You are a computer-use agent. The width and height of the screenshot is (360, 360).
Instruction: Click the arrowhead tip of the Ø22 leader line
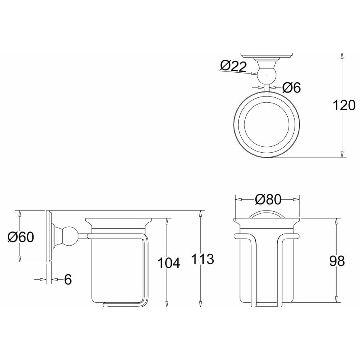pyautogui.click(x=257, y=74)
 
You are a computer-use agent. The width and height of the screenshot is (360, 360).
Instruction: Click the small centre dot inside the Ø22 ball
pyautogui.click(x=266, y=75)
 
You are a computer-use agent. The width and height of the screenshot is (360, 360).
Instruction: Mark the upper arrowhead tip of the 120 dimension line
pyautogui.click(x=342, y=53)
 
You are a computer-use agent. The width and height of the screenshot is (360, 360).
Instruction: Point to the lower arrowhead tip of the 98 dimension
pyautogui.click(x=336, y=302)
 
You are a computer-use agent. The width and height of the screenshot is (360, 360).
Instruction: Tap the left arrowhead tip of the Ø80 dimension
pyautogui.click(x=236, y=200)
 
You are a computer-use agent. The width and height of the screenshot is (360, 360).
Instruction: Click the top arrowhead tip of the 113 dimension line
pyautogui.click(x=200, y=211)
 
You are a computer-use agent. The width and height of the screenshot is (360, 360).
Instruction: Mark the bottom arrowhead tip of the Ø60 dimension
pyautogui.click(x=20, y=262)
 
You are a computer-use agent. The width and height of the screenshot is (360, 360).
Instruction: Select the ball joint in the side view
pyautogui.click(x=69, y=236)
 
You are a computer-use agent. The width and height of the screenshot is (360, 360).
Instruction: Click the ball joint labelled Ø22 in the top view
pyautogui.click(x=266, y=75)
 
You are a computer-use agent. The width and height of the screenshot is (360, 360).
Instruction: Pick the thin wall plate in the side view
pyautogui.click(x=48, y=236)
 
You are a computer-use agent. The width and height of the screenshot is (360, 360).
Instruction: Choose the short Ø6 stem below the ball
pyautogui.click(x=266, y=88)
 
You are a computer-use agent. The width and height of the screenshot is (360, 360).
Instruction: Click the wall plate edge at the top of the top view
pyautogui.click(x=266, y=55)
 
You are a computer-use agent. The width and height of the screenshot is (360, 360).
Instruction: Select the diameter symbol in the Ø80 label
pyautogui.click(x=260, y=200)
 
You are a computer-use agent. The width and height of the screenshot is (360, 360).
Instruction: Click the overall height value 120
pyautogui.click(x=344, y=105)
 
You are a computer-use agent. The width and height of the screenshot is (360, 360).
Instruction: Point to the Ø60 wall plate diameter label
pyautogui.click(x=21, y=237)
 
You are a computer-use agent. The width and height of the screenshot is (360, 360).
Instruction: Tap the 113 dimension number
pyautogui.click(x=202, y=259)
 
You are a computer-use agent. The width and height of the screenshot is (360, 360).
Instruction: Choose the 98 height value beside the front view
pyautogui.click(x=337, y=261)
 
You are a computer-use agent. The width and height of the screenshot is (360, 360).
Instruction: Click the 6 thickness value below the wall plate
pyautogui.click(x=68, y=280)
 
